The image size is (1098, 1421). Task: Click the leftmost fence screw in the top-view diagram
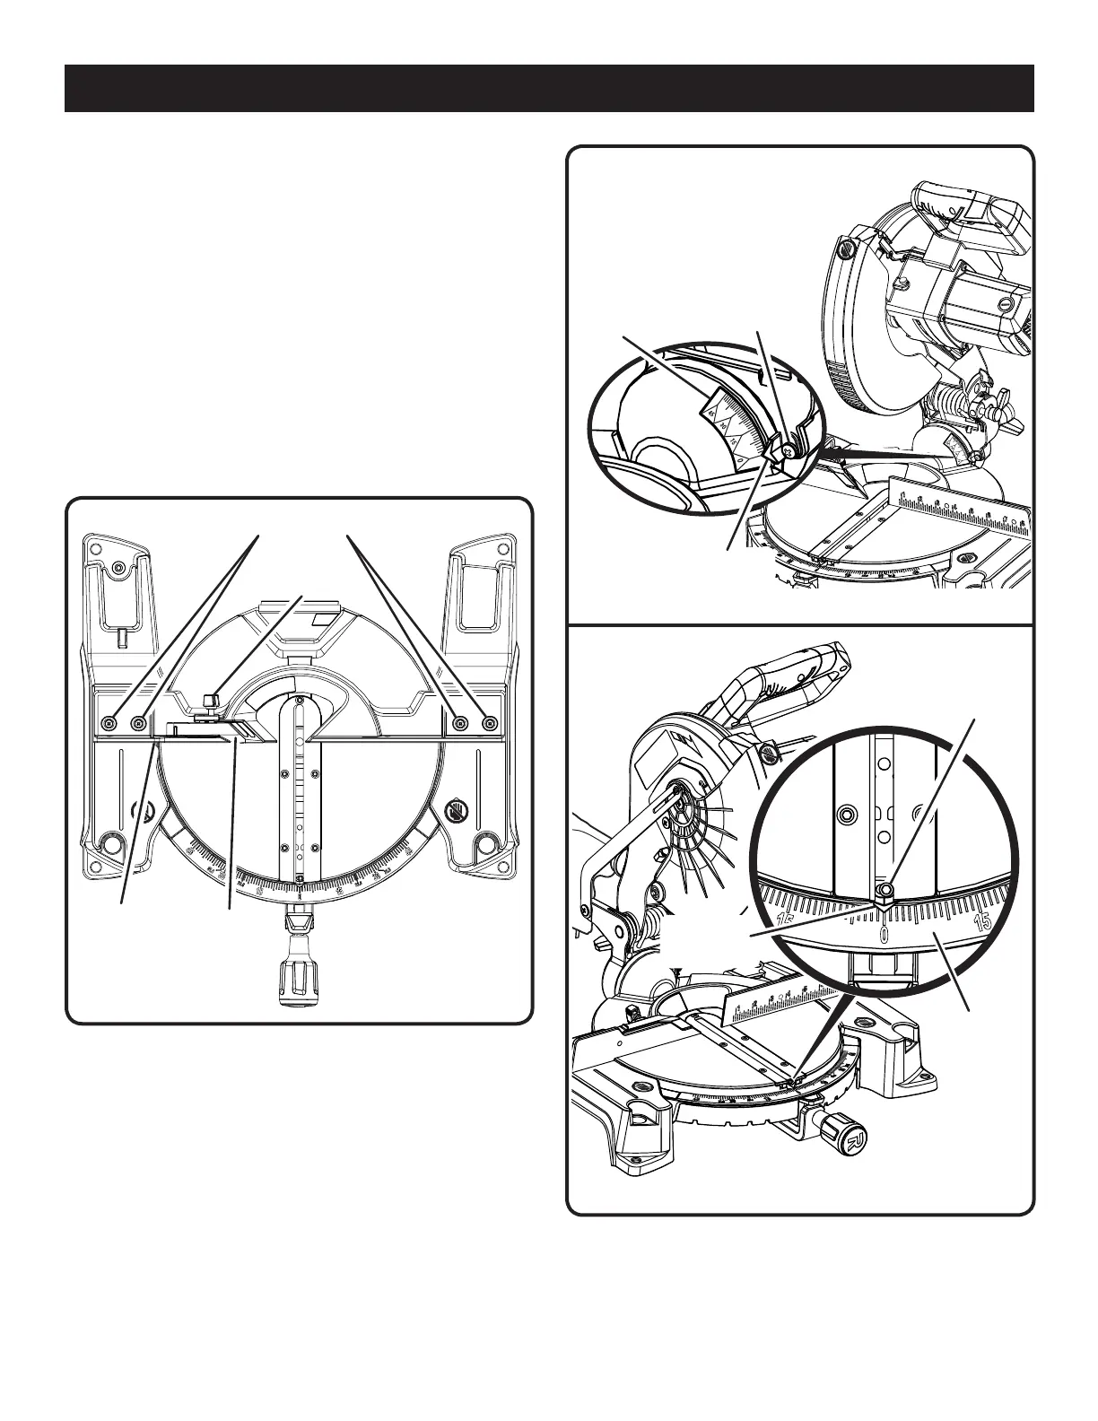(109, 722)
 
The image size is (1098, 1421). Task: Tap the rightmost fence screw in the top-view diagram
(489, 722)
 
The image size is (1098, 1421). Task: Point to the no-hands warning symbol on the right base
(456, 813)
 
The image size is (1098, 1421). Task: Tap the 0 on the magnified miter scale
(884, 937)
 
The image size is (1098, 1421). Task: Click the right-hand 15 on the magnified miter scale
(982, 921)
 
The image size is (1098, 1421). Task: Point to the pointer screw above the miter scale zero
(885, 889)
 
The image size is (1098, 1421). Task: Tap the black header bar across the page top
(549, 88)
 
